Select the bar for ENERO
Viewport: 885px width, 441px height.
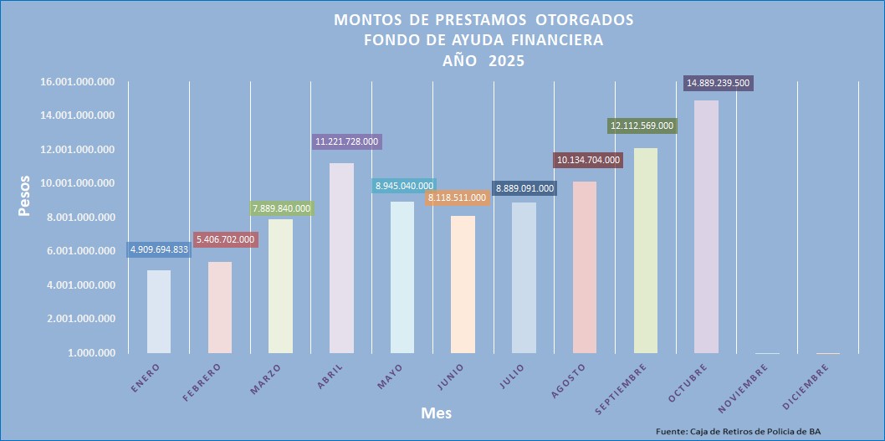(x=159, y=311)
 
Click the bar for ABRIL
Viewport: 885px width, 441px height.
(x=341, y=258)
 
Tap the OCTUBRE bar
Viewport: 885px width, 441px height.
(x=707, y=227)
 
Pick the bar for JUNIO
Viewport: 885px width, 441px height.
(x=463, y=285)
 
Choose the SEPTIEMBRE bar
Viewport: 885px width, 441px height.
(x=646, y=250)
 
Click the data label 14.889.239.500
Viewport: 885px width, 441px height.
(x=719, y=83)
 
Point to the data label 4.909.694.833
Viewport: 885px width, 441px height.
(x=159, y=249)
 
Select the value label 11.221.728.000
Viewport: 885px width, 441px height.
(x=347, y=142)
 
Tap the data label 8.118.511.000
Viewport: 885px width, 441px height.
(x=456, y=197)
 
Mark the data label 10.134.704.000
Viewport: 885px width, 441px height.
(x=588, y=160)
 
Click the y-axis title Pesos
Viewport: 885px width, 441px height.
(x=25, y=196)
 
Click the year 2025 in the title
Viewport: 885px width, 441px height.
(x=507, y=60)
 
